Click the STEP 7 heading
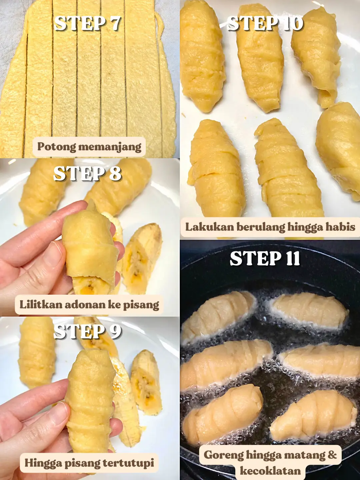[x=87, y=23]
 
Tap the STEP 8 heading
[x=87, y=174]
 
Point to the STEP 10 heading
[x=265, y=23]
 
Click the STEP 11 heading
[x=265, y=258]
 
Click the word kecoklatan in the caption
[x=270, y=471]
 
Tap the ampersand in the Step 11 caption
[x=332, y=455]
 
